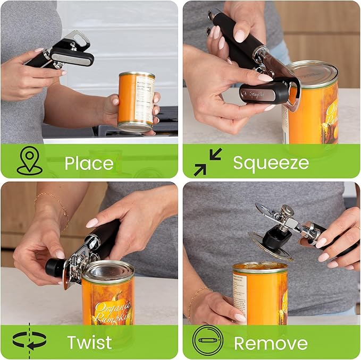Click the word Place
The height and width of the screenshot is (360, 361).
pos(89,163)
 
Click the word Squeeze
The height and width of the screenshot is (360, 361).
pos(271,163)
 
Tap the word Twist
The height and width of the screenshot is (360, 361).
pos(89,342)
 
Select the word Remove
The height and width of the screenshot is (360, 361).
pos(271,343)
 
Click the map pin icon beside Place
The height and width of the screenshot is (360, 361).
pos(29,161)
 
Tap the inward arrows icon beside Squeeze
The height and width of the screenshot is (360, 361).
pos(207,162)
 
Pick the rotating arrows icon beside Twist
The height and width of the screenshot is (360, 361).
pos(29,340)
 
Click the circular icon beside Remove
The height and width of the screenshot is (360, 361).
pos(207,340)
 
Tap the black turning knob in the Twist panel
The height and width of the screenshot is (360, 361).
pos(54,267)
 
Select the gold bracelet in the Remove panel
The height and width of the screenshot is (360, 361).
pos(199,297)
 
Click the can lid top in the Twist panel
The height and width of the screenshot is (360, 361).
pos(108,270)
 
